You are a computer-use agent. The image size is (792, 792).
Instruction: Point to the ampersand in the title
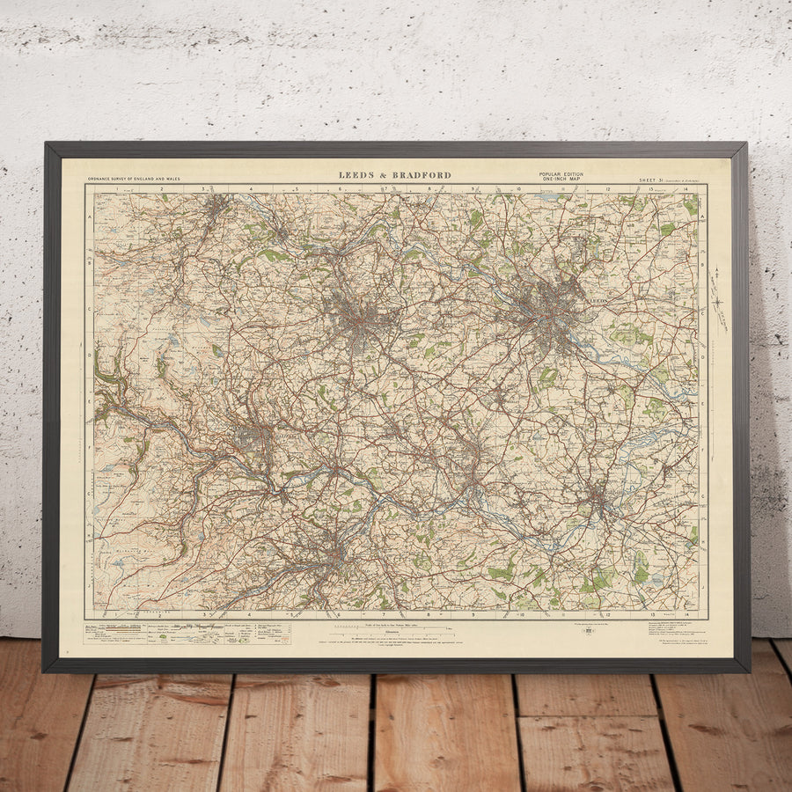pos(385,175)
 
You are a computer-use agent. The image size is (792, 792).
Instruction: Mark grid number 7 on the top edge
pos(385,188)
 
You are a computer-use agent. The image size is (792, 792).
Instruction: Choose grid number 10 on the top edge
pos(519,188)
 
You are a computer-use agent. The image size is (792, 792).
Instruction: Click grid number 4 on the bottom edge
pos(250,614)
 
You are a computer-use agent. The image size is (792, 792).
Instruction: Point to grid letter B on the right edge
pos(702,261)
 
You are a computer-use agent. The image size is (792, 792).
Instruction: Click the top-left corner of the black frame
pos(45,143)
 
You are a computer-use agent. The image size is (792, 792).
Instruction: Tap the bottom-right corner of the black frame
pos(749,671)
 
